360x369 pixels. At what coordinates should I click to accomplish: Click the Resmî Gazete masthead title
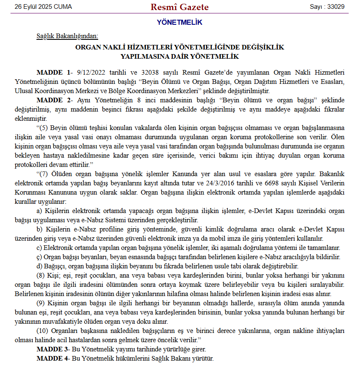coord(179,7)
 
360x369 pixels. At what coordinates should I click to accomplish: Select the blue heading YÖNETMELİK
coord(180,22)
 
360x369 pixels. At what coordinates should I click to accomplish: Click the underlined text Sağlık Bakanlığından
coord(68,36)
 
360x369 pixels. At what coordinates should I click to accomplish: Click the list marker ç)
coord(40,257)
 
